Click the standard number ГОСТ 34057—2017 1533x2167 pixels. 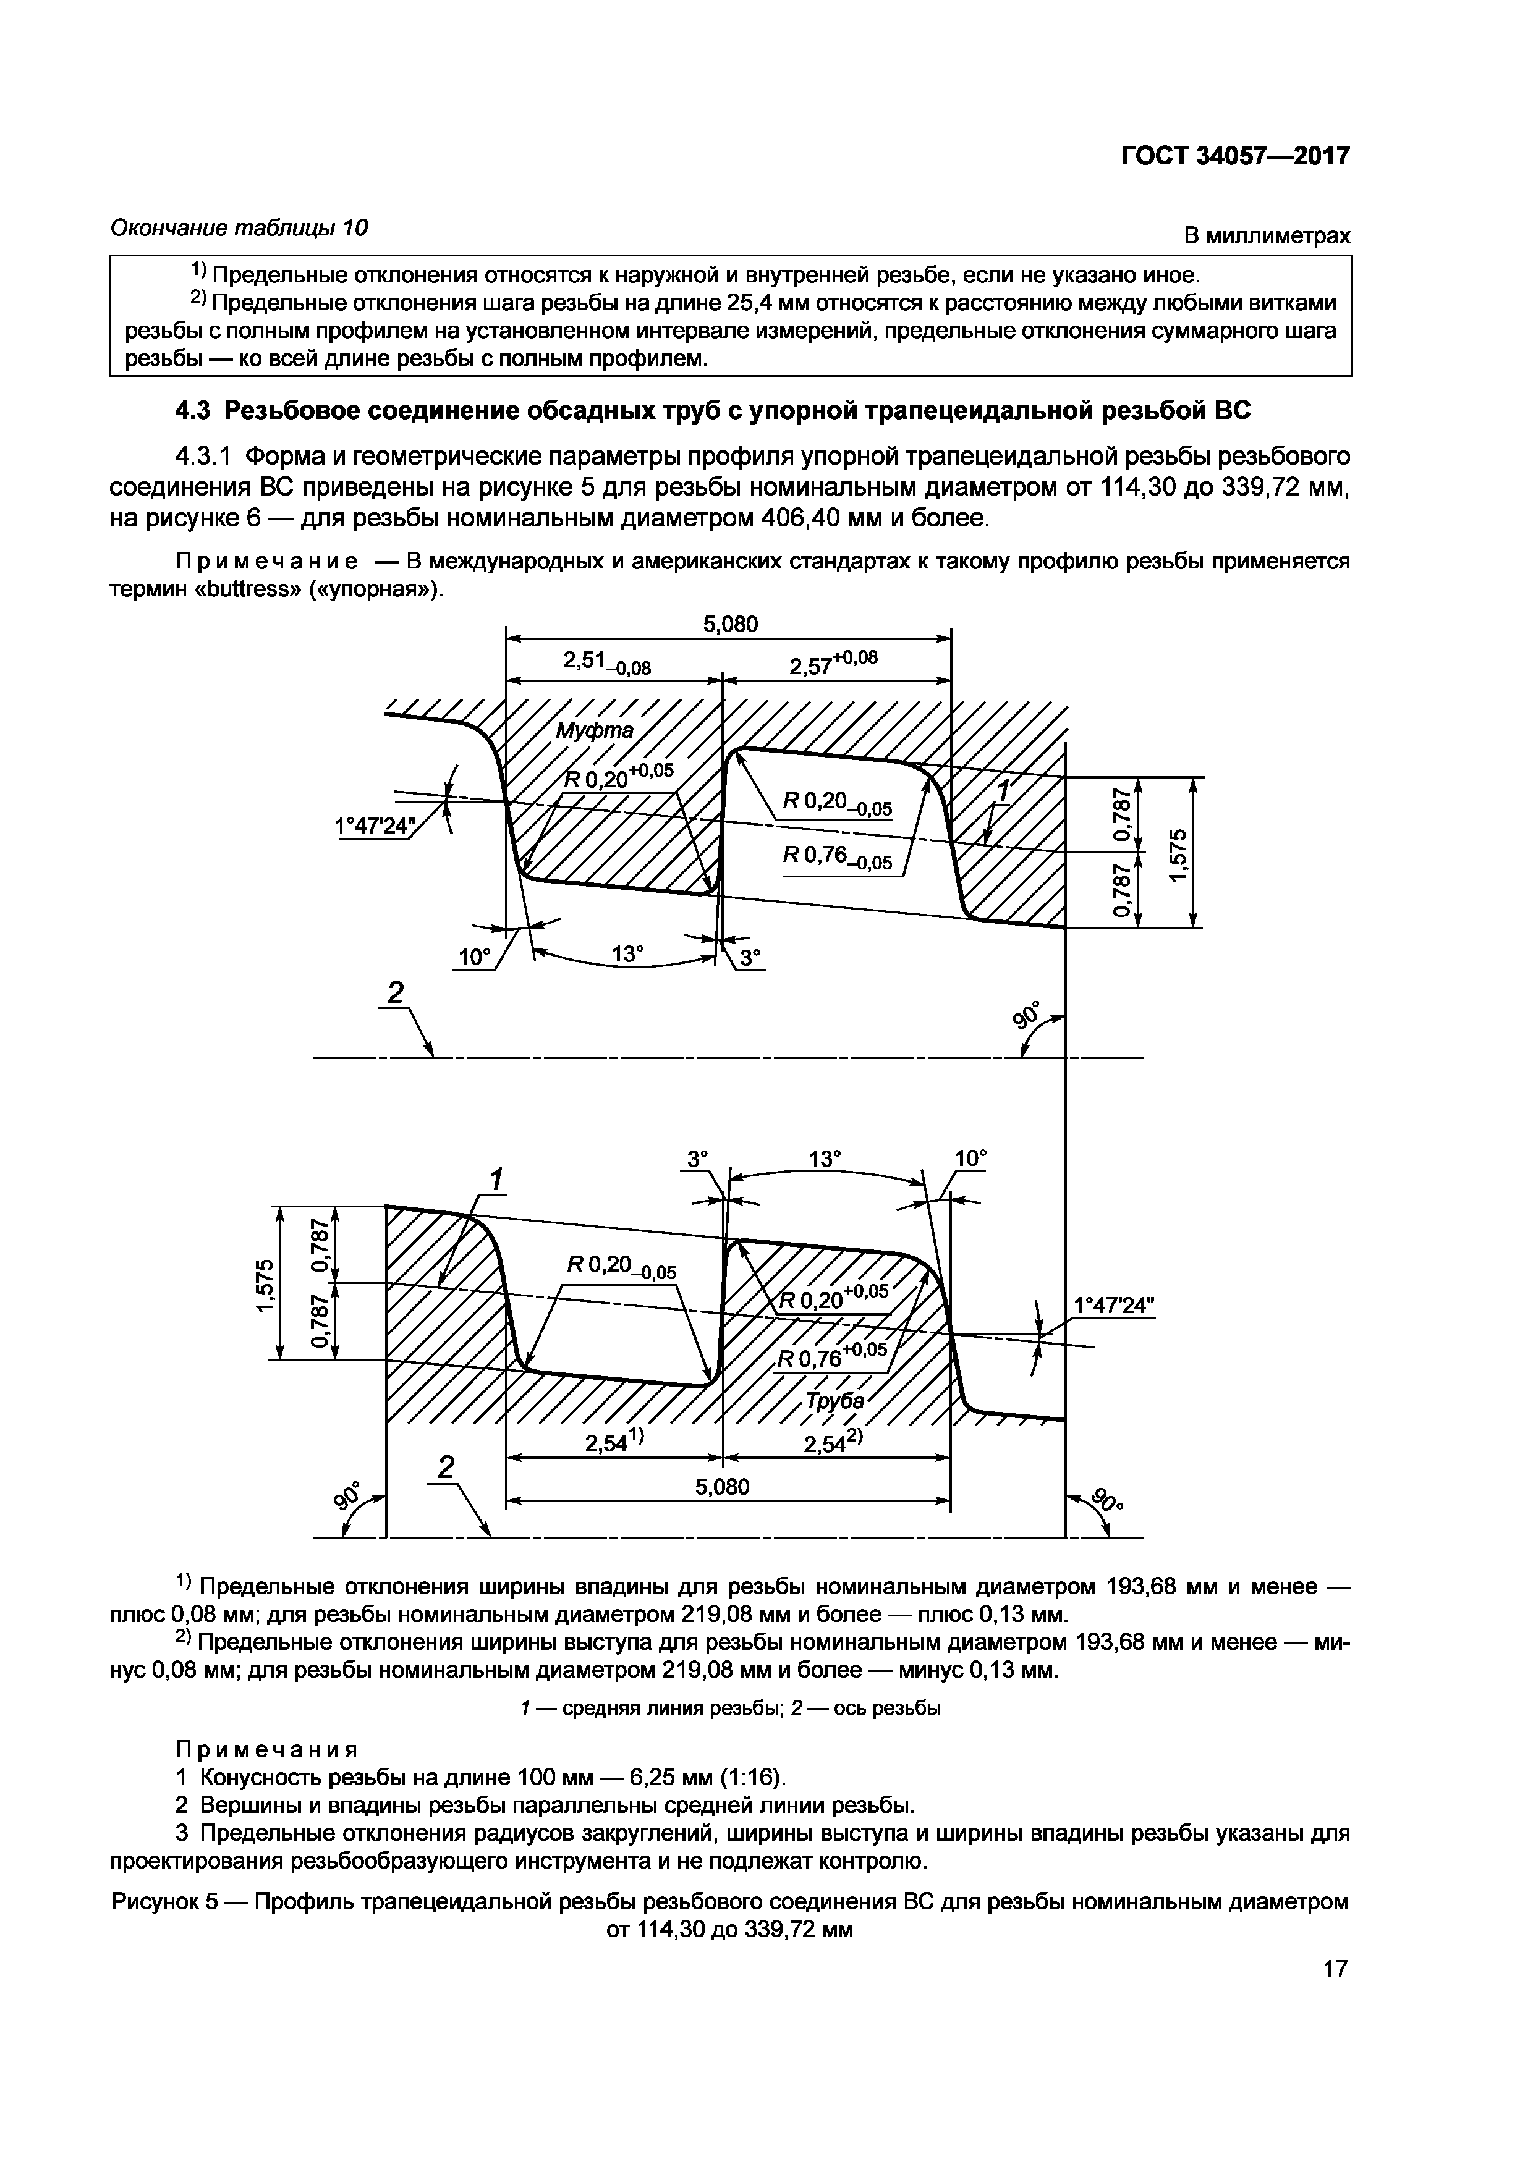tap(1234, 156)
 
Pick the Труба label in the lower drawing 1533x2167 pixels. tap(835, 1401)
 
